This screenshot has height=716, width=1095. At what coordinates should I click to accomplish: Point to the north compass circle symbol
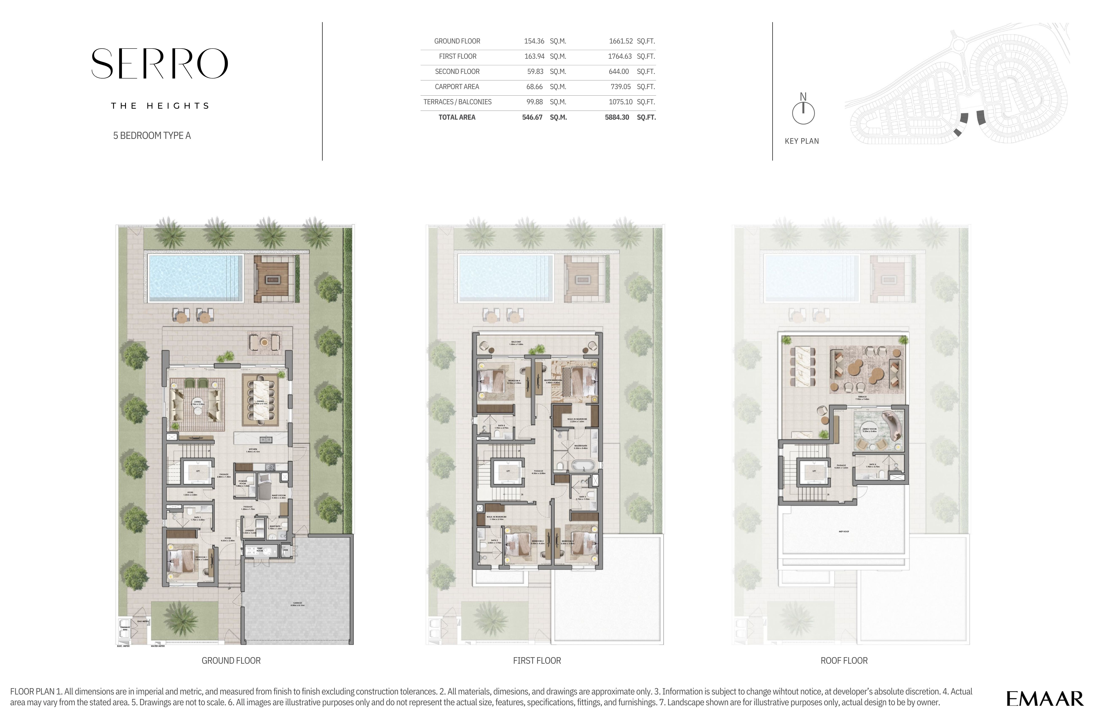pyautogui.click(x=803, y=113)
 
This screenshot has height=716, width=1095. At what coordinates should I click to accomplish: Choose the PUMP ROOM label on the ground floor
pyautogui.click(x=259, y=550)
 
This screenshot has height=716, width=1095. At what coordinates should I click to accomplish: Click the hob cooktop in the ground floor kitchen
pyautogui.click(x=270, y=467)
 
